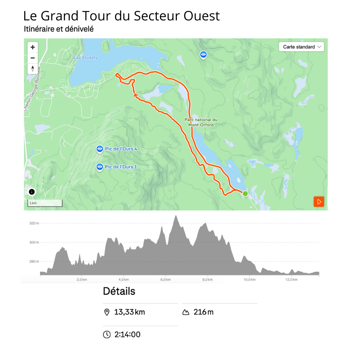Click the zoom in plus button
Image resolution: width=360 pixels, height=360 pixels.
(x=33, y=47)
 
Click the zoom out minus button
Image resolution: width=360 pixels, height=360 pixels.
(x=33, y=58)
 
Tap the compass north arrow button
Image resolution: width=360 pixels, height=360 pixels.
(x=33, y=69)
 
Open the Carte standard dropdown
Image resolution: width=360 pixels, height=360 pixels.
(x=301, y=47)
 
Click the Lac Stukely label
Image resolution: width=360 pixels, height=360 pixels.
(x=85, y=58)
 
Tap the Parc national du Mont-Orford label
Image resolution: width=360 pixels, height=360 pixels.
(x=201, y=122)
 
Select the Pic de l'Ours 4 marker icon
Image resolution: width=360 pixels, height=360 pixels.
(x=100, y=149)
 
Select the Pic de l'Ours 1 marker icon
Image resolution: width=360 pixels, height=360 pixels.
(x=100, y=167)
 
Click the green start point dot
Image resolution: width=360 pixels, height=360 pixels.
(x=245, y=194)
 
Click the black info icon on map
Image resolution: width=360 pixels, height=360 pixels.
(x=32, y=192)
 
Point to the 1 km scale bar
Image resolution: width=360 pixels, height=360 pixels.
(x=45, y=203)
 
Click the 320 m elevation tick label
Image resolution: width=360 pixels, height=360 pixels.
(x=34, y=223)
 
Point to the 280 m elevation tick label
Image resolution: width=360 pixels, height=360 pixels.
(x=34, y=262)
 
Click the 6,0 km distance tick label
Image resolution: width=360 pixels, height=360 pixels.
(x=165, y=279)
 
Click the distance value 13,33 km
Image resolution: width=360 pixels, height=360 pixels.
(x=129, y=312)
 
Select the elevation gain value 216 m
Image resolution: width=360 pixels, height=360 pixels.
(x=203, y=312)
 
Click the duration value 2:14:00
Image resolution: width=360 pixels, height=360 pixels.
(x=127, y=334)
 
